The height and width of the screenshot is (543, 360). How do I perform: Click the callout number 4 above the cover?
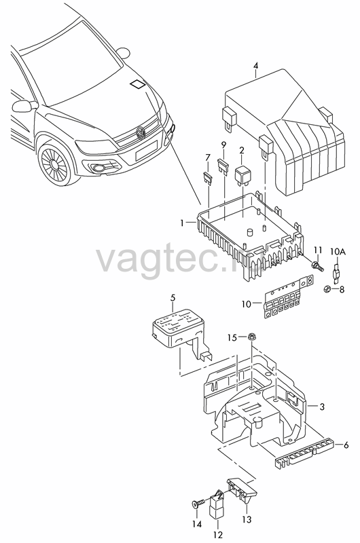point(255,65)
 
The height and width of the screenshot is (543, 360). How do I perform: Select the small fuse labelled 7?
point(207,179)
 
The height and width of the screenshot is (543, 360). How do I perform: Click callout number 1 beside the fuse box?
point(182,223)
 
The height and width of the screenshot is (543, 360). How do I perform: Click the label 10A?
point(338,252)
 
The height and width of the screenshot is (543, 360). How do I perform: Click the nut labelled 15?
point(251,336)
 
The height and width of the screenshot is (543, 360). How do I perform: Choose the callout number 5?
point(173,297)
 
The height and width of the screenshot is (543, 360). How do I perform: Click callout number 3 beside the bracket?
point(322,407)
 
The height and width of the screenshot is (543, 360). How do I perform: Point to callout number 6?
point(346,445)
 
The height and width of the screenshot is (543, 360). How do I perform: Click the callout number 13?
point(247,519)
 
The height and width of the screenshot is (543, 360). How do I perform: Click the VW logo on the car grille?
point(141,132)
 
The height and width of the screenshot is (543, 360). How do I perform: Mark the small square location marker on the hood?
point(138,84)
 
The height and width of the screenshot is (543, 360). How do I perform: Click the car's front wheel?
point(57,164)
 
